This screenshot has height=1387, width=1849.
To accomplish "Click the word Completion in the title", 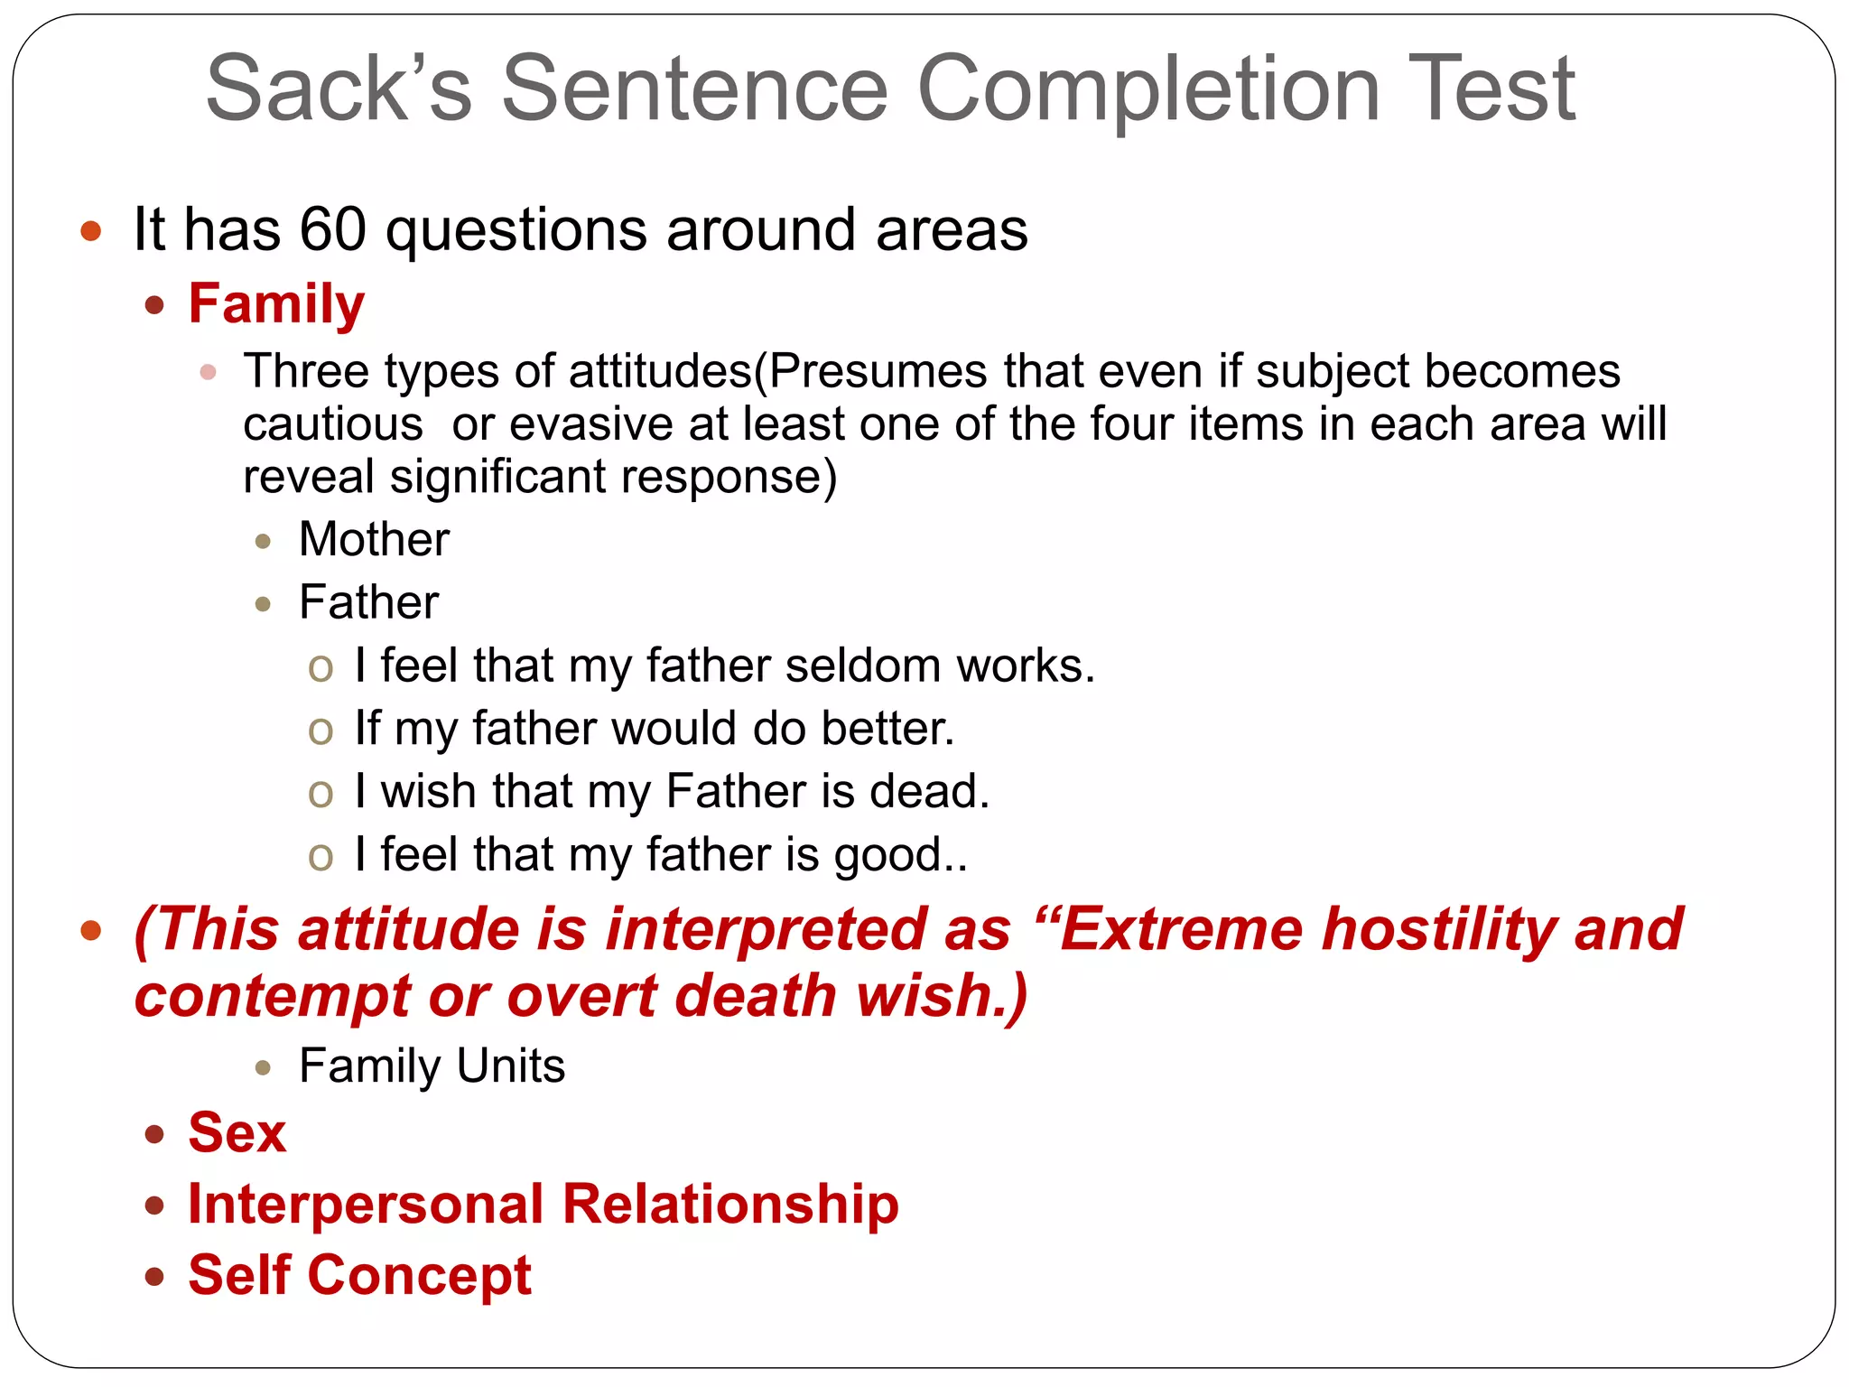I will [1148, 88].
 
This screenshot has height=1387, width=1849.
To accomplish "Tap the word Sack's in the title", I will [339, 88].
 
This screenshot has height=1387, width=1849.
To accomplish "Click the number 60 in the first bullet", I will [332, 229].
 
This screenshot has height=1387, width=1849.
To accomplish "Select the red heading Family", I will [276, 303].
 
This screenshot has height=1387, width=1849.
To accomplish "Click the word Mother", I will [374, 540].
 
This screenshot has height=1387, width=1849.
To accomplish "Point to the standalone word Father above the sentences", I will [368, 603].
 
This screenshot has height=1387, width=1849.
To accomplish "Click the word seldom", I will [863, 666].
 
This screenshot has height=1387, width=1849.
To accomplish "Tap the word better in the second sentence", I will [887, 729].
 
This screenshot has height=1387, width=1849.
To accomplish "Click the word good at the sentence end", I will [888, 856].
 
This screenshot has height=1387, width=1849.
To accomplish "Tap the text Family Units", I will [432, 1066].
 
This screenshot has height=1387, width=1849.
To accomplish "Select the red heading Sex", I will [237, 1133].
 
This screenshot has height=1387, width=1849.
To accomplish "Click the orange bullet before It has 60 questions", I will [90, 230].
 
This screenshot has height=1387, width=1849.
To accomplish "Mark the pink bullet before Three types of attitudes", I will [209, 372].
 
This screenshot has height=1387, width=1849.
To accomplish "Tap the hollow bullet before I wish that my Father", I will [321, 794].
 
